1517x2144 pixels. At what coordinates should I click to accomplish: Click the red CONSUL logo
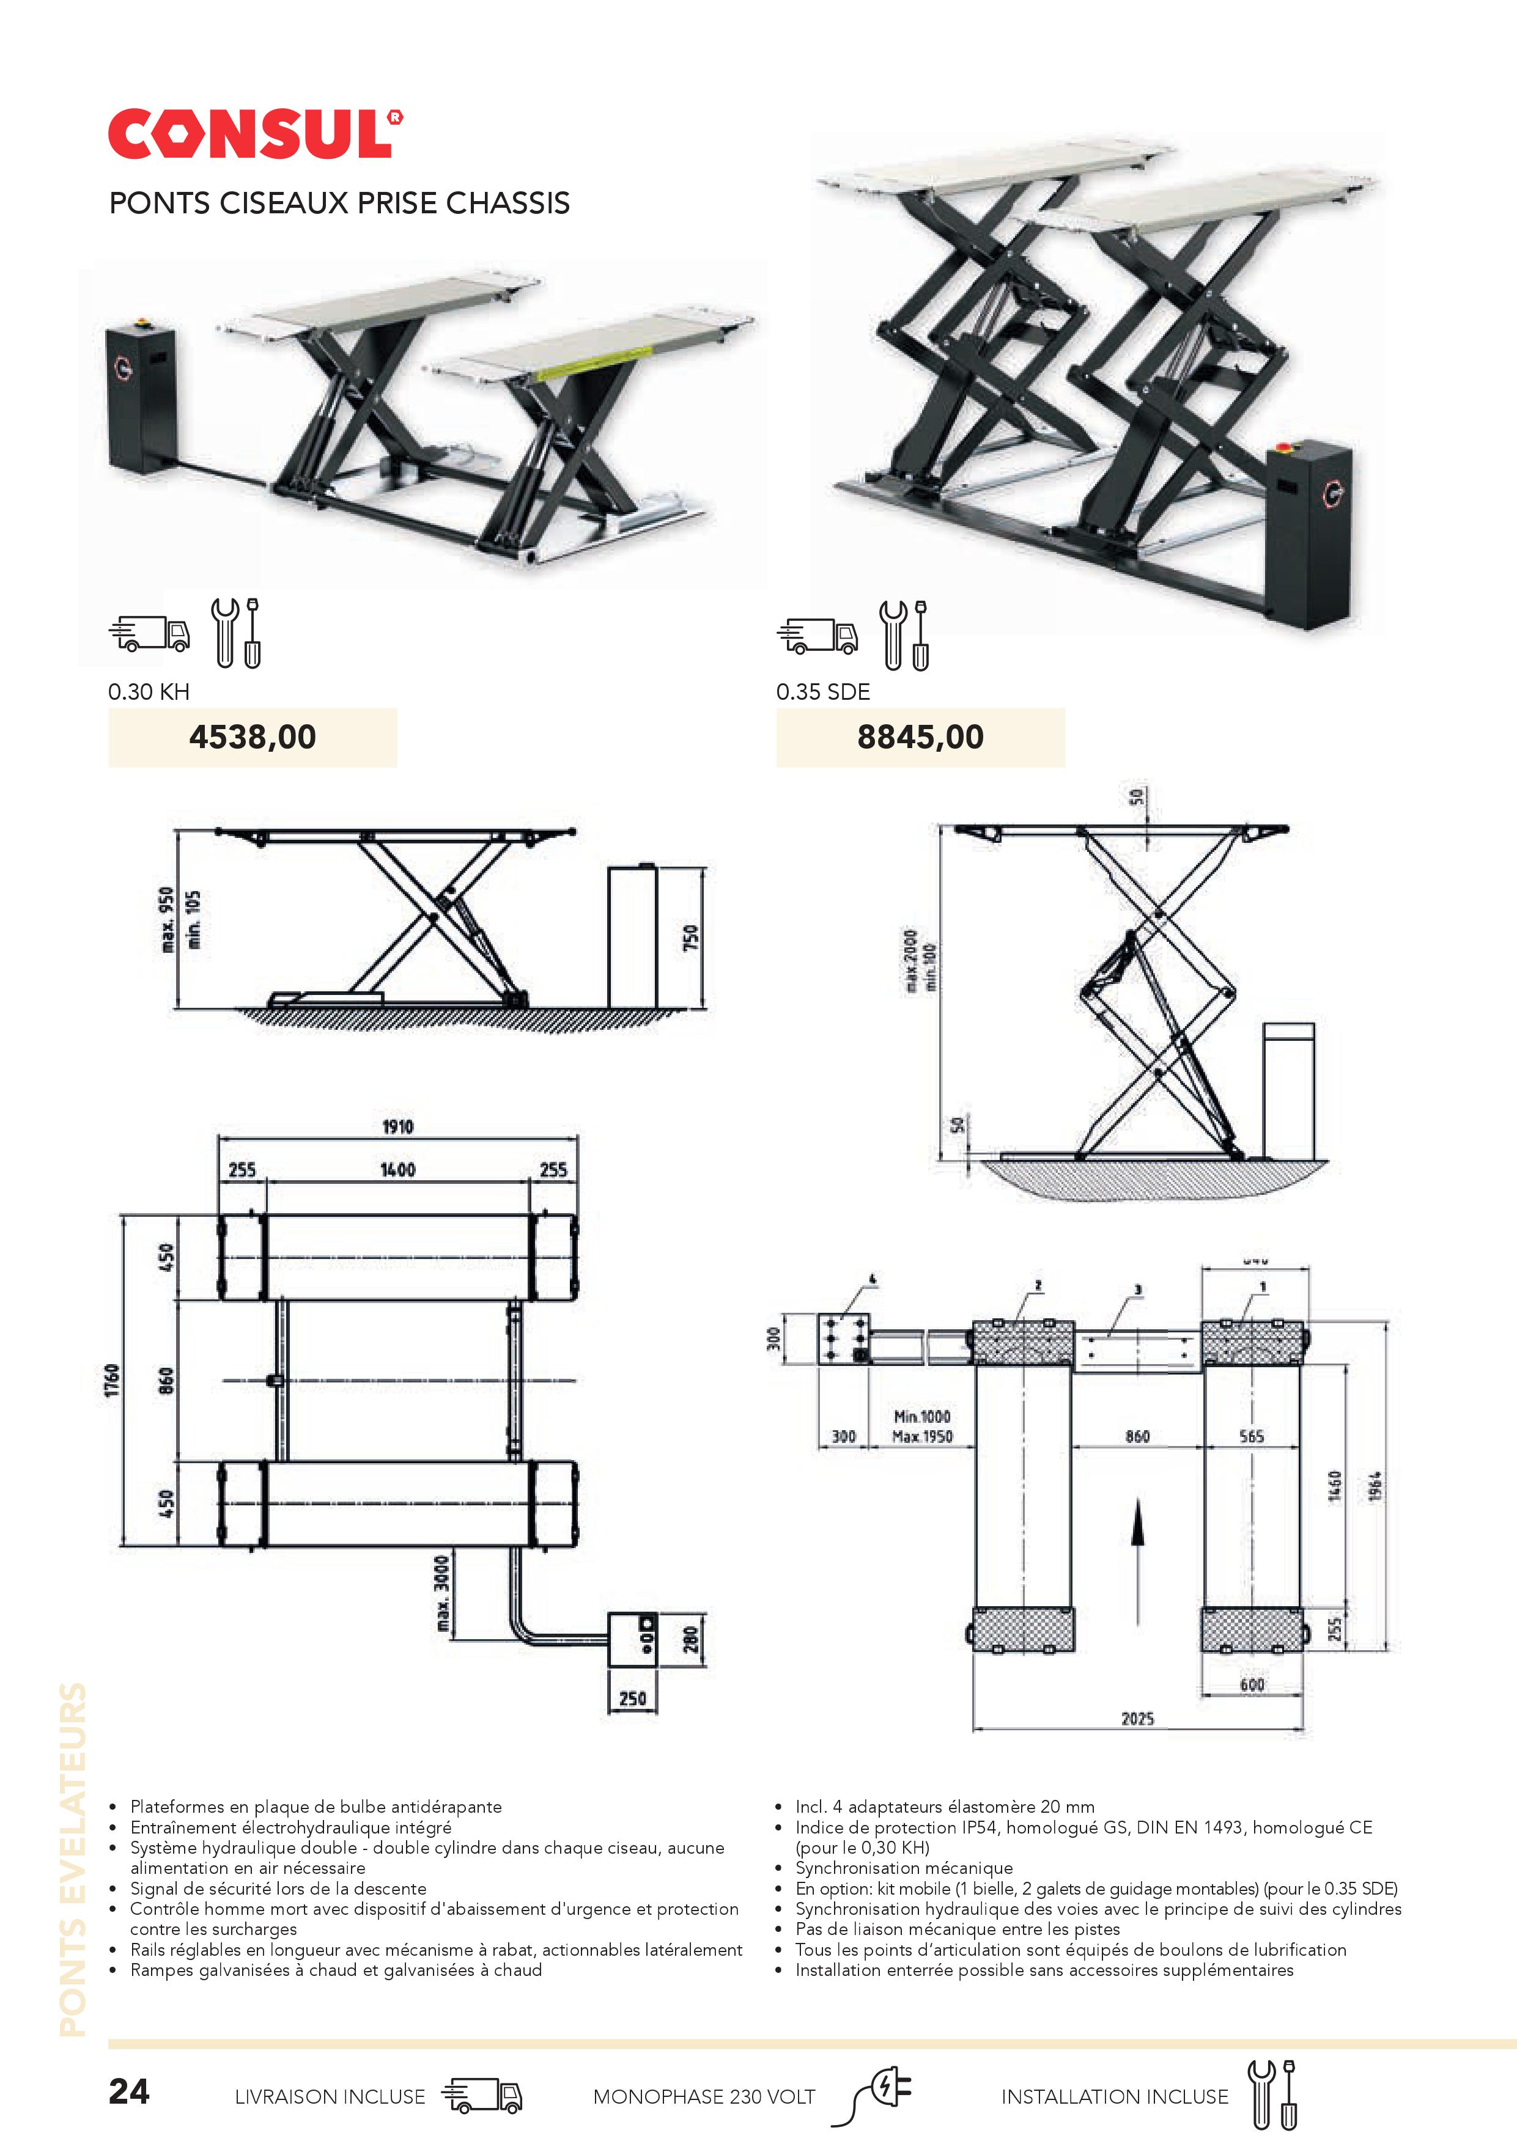click(254, 134)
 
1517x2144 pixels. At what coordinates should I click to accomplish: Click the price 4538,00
click(252, 736)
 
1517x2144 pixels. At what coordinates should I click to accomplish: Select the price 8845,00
click(920, 736)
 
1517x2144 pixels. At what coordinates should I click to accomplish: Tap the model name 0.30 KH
click(149, 692)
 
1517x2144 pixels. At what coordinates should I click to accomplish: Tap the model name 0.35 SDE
click(823, 692)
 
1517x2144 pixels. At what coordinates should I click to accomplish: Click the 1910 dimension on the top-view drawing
click(397, 1127)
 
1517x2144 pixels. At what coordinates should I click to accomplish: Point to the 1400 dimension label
click(397, 1170)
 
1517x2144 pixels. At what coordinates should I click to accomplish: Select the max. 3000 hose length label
click(443, 1594)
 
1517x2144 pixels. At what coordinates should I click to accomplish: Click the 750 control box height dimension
click(690, 938)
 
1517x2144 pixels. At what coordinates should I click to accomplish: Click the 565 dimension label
click(1251, 1436)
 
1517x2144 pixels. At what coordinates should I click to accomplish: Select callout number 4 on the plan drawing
click(873, 1279)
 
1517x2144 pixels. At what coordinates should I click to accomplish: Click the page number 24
click(129, 2091)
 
